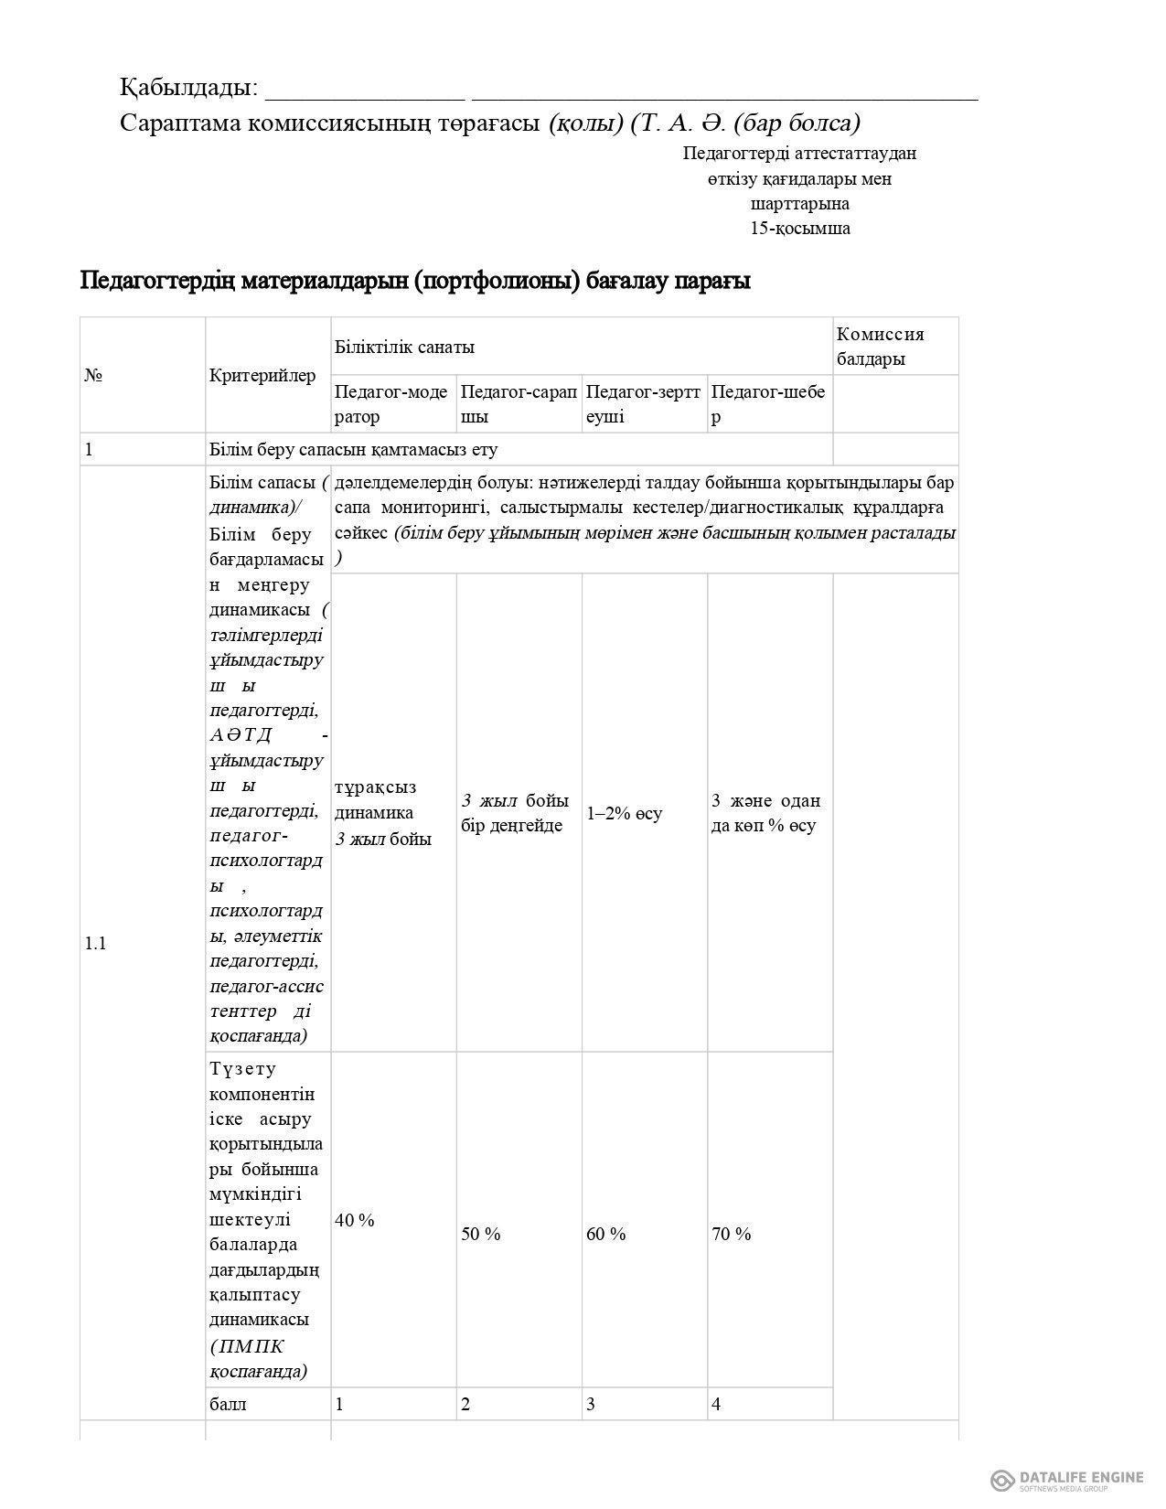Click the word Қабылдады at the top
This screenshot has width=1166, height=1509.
[x=188, y=88]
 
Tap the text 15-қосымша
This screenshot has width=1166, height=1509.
[x=799, y=229]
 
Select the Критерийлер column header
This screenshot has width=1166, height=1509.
[x=262, y=375]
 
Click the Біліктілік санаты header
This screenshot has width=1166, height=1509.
[x=404, y=347]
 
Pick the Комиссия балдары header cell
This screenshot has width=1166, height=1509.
[x=881, y=347]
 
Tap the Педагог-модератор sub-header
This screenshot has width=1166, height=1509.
[x=391, y=404]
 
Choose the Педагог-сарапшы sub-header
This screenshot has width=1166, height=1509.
[x=518, y=404]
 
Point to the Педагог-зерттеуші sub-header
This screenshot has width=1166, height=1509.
[x=643, y=404]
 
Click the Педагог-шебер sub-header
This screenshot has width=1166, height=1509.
[x=768, y=404]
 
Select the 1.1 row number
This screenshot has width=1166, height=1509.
[x=95, y=943]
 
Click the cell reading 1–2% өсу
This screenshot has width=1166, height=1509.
[x=625, y=813]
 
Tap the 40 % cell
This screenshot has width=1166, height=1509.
[x=355, y=1220]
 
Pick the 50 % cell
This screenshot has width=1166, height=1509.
[x=481, y=1234]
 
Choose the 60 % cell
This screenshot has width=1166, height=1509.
[x=606, y=1234]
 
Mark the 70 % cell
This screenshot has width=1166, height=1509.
[x=732, y=1234]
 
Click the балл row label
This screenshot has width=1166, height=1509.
[x=228, y=1404]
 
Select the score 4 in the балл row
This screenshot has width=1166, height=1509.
[x=716, y=1404]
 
